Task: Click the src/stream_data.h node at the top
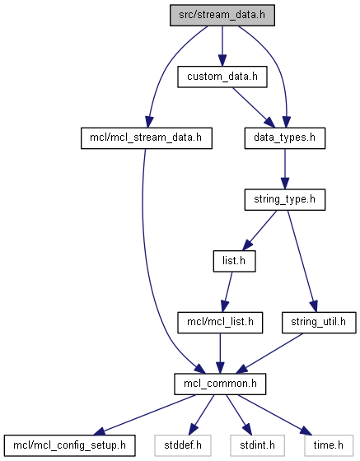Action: tap(222, 15)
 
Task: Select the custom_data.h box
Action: tap(222, 77)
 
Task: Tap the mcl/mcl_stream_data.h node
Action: tap(147, 138)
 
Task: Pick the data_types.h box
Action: tap(285, 138)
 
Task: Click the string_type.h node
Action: tap(285, 199)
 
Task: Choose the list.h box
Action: tap(235, 261)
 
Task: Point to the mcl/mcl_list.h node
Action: tap(220, 323)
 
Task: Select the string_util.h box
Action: tap(319, 323)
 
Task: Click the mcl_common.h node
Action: tap(220, 384)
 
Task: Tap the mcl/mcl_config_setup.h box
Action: tap(70, 445)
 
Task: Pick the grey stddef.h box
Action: tap(183, 445)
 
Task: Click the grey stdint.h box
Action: tap(258, 445)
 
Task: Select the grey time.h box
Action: tap(329, 445)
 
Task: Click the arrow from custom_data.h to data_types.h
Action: tap(253, 108)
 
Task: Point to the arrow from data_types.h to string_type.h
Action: tap(285, 169)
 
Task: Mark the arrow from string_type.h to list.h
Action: tap(259, 230)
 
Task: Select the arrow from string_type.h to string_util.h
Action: tap(302, 261)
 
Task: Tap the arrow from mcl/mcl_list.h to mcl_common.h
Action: tap(220, 353)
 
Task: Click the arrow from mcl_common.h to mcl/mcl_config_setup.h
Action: tap(145, 415)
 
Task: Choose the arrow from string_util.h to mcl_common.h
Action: tap(269, 353)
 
